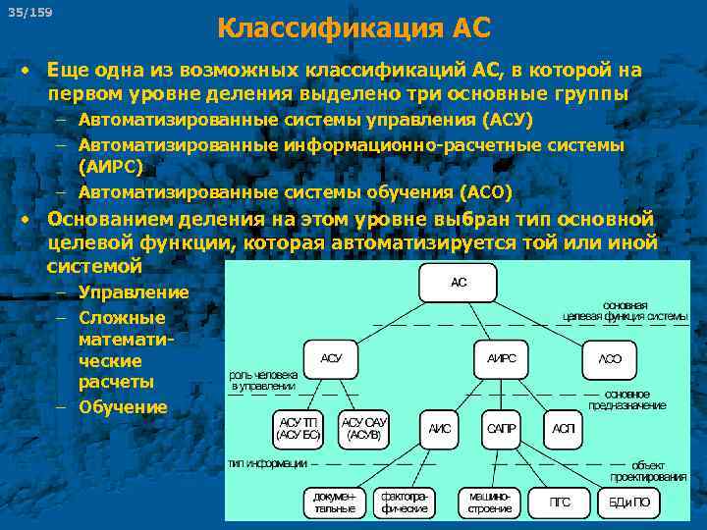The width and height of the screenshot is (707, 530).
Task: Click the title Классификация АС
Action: pyautogui.click(x=353, y=27)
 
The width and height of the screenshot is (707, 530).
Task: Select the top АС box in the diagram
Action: pyautogui.click(x=459, y=283)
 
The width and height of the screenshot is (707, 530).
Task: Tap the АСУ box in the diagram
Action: pyautogui.click(x=332, y=358)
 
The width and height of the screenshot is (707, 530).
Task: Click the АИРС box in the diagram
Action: pyautogui.click(x=501, y=358)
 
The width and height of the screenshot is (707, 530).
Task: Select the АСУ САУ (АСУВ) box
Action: pyautogui.click(x=364, y=427)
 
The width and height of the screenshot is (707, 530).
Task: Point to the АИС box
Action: pyautogui.click(x=439, y=429)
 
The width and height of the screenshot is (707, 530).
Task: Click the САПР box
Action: pyautogui.click(x=501, y=429)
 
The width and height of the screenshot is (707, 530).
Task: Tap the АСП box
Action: pyautogui.click(x=564, y=429)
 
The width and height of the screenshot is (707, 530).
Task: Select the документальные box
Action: pyautogui.click(x=334, y=502)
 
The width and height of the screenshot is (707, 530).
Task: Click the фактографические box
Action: pyautogui.click(x=404, y=502)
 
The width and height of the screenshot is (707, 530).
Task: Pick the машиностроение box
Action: pyautogui.click(x=489, y=502)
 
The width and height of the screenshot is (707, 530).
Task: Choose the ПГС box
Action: pyautogui.click(x=559, y=503)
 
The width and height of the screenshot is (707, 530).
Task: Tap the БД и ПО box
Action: pyautogui.click(x=628, y=503)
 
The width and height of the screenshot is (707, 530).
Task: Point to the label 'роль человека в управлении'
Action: pyautogui.click(x=262, y=381)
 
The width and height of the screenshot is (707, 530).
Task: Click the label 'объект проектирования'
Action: pyautogui.click(x=648, y=470)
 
